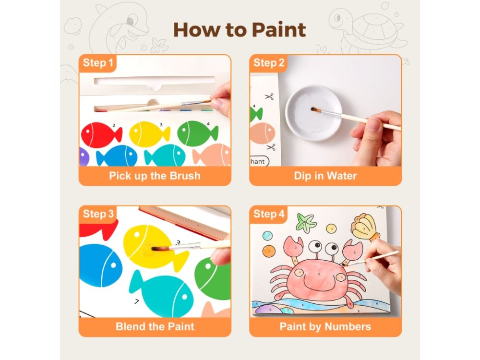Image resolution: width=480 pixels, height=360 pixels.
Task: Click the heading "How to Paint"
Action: [240, 30]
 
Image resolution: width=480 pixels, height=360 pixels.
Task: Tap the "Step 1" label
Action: [98, 63]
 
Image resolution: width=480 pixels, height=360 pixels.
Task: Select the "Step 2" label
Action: [269, 63]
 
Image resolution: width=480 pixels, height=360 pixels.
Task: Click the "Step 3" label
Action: [98, 214]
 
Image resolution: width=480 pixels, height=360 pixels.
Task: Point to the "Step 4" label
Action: [269, 214]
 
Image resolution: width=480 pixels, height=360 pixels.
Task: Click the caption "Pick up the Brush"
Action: [155, 176]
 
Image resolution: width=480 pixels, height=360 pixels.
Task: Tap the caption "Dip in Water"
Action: [325, 176]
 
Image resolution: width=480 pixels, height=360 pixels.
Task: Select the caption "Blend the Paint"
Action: [155, 326]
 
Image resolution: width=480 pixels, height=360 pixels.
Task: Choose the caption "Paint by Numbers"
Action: [325, 326]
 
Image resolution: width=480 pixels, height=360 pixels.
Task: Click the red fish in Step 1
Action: [101, 135]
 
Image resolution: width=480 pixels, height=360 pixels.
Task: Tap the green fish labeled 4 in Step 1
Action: [197, 133]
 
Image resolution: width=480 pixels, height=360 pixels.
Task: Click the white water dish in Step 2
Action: [313, 113]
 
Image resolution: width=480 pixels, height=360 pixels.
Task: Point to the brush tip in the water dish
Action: [314, 109]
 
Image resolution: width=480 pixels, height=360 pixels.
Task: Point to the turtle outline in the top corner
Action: [367, 29]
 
